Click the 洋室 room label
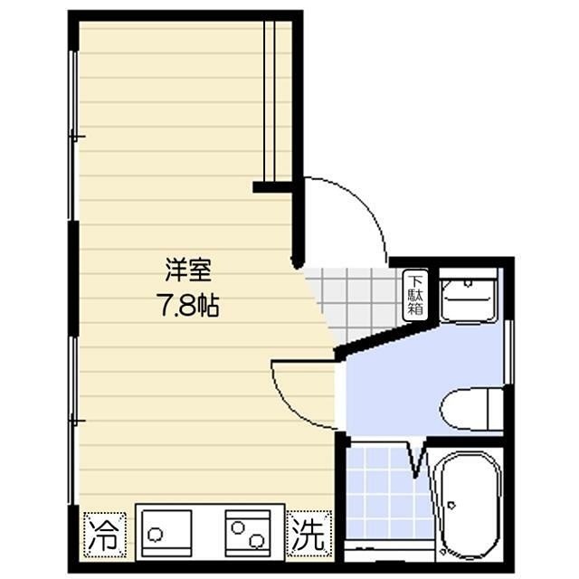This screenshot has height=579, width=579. click(x=188, y=271)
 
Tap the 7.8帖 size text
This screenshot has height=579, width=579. click(x=188, y=305)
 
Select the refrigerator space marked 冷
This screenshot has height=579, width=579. click(x=105, y=535)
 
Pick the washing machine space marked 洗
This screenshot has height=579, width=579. click(x=308, y=535)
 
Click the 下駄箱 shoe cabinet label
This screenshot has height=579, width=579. click(x=415, y=296)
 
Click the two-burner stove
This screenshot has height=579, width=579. click(x=248, y=533)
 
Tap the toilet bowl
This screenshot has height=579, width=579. click(x=471, y=409)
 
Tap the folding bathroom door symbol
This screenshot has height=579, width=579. click(x=417, y=458)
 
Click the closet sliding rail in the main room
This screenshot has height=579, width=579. click(x=270, y=100)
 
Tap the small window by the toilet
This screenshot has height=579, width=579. click(x=508, y=352)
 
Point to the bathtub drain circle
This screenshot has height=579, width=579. click(x=451, y=505)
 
